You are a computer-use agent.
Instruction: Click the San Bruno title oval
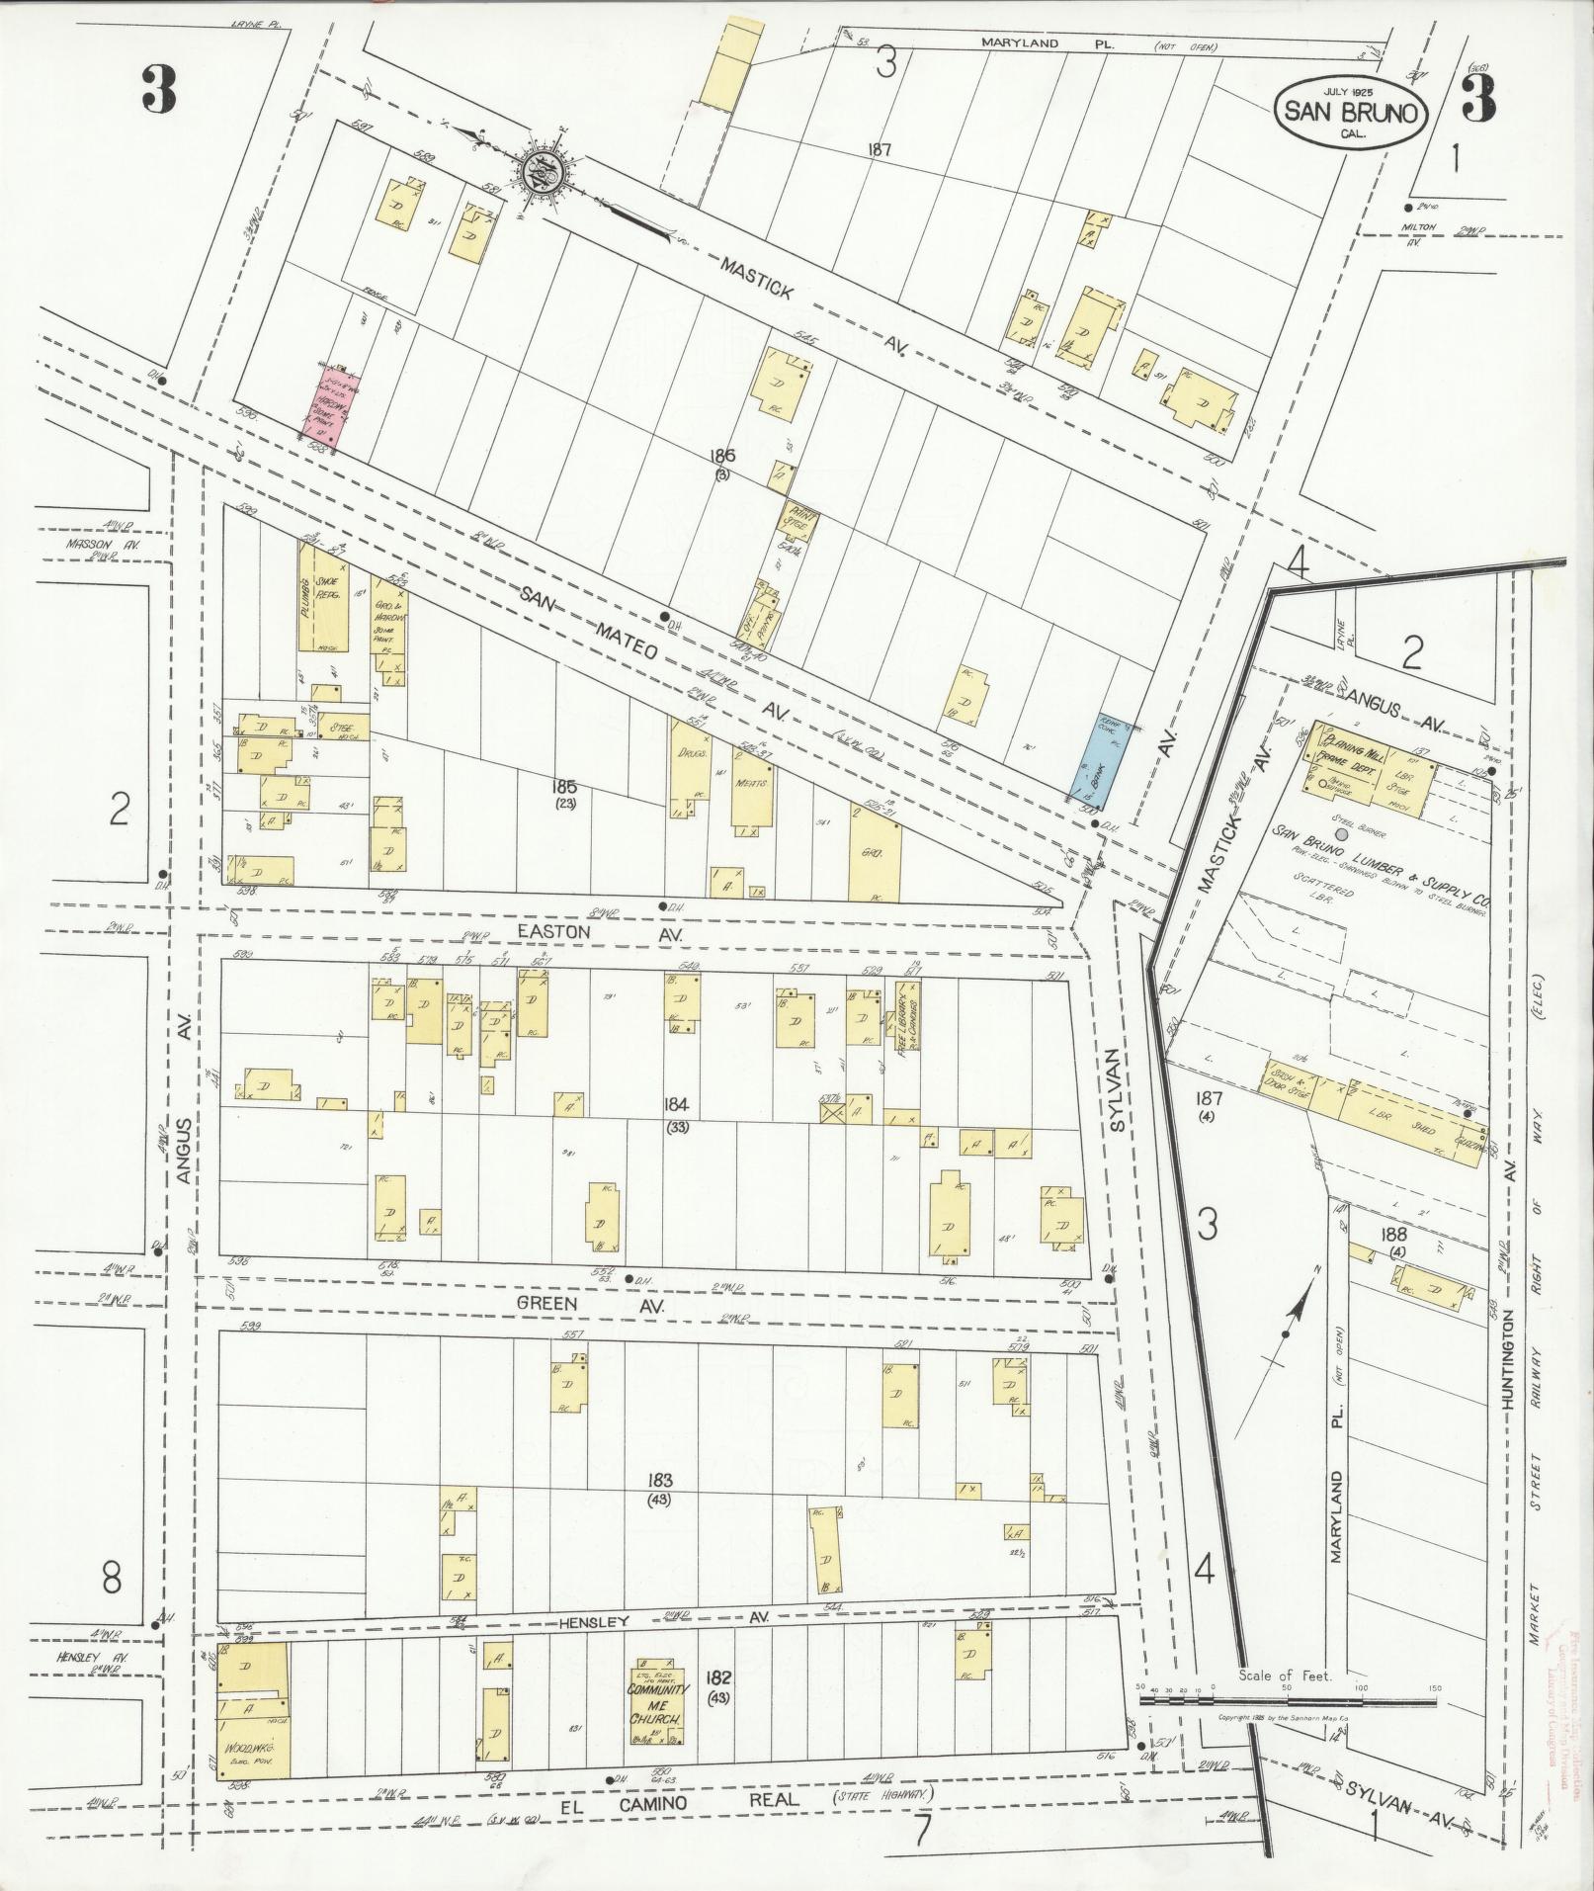[1350, 113]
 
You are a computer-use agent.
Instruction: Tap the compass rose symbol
[541, 170]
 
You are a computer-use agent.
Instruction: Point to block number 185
[564, 787]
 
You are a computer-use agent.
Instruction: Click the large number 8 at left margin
[111, 1578]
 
